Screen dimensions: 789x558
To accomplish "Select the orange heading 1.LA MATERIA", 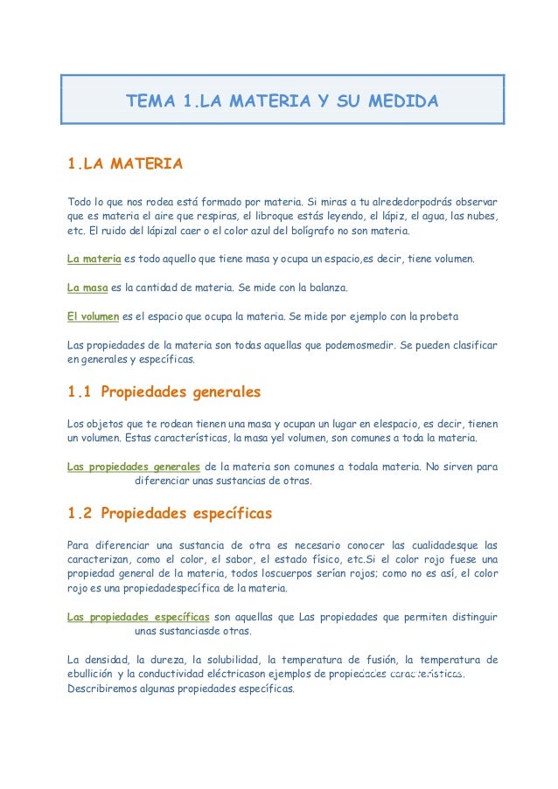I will click(x=125, y=163).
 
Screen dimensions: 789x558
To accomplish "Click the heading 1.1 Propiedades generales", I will click(x=164, y=391).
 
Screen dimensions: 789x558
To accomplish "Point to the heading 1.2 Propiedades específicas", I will click(x=170, y=512).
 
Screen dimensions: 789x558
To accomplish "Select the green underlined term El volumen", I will click(x=94, y=315).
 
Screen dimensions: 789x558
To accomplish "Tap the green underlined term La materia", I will click(x=94, y=259).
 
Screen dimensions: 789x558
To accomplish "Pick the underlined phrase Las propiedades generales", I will click(x=134, y=467).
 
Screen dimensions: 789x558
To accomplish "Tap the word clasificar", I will click(x=475, y=343).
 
